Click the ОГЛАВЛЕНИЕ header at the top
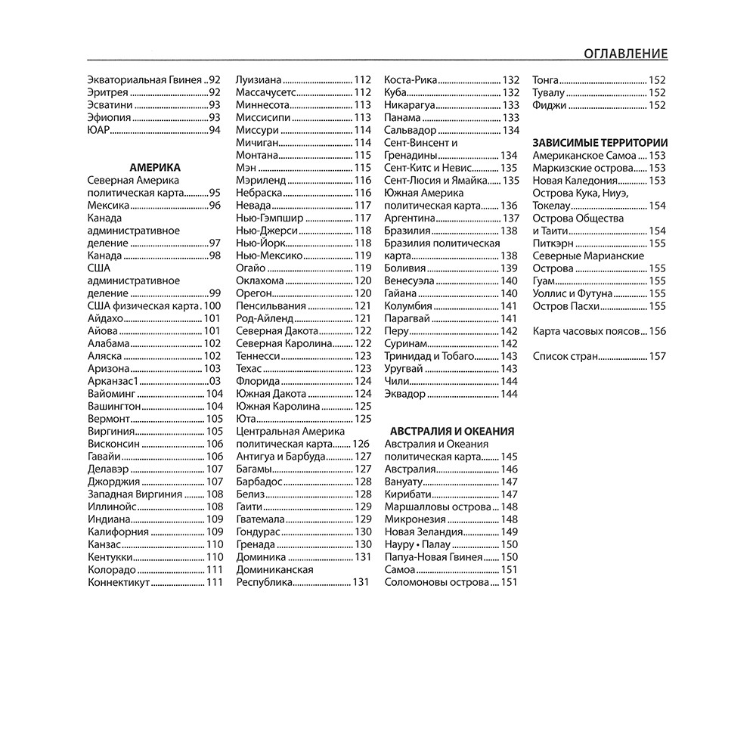click(x=625, y=54)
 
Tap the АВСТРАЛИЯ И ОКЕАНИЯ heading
click(x=449, y=431)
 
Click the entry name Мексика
click(x=109, y=206)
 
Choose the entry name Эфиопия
click(x=110, y=118)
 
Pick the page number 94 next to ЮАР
click(x=214, y=131)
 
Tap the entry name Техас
click(x=249, y=368)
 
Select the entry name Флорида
click(x=258, y=381)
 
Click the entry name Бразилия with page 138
click(x=408, y=231)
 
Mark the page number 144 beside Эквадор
click(x=509, y=394)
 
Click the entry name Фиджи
click(x=550, y=106)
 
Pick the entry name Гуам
click(x=544, y=280)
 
